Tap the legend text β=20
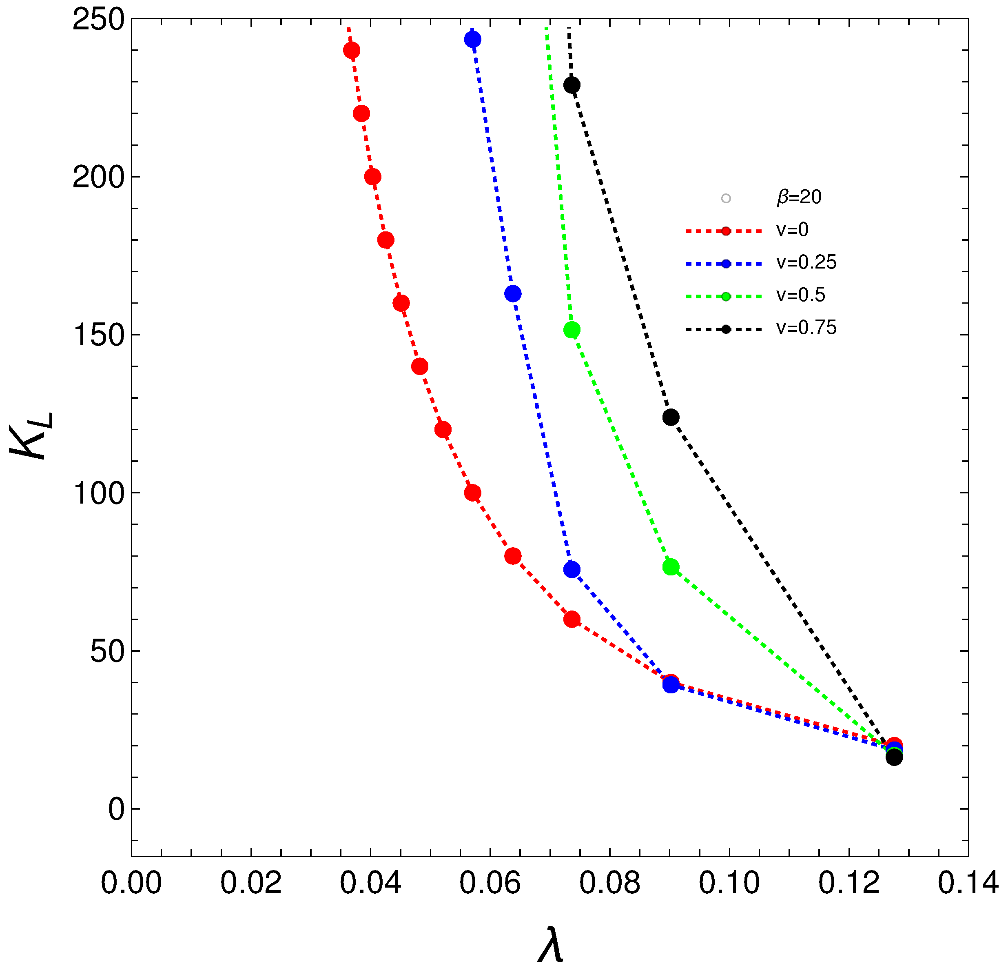(799, 197)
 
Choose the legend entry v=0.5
(800, 295)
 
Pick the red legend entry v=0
(792, 229)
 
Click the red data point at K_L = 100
(473, 493)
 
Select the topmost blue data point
(473, 39)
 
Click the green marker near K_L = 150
(572, 330)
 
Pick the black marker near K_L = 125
(671, 417)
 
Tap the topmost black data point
(572, 85)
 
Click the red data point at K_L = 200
(373, 177)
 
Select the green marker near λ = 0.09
(671, 567)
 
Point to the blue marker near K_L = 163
(513, 294)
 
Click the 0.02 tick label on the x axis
(250, 883)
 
